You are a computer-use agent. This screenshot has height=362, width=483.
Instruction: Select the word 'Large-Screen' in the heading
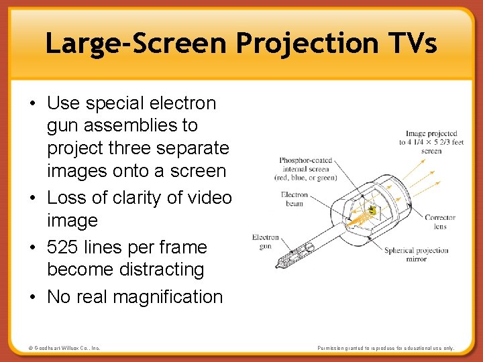(x=137, y=44)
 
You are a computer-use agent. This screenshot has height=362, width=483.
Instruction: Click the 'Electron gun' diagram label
(x=265, y=242)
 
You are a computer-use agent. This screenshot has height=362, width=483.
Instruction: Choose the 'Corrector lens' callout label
(x=439, y=222)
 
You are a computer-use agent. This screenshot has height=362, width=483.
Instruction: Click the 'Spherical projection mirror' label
(x=416, y=255)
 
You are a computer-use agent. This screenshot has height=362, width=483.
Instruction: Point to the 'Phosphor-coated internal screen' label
(x=305, y=169)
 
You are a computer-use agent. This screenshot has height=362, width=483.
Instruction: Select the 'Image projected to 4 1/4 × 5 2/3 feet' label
(x=431, y=142)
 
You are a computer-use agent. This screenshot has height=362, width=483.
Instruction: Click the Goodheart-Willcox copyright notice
(x=64, y=349)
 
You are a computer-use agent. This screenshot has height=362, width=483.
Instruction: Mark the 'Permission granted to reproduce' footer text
(x=386, y=349)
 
